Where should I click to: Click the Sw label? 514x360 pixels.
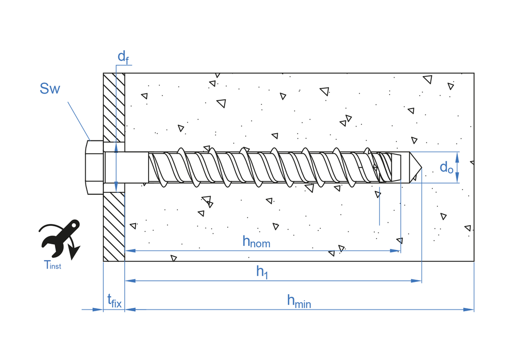point(50,89)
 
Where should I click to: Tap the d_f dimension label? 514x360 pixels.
point(123,57)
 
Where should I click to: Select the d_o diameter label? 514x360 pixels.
point(447,167)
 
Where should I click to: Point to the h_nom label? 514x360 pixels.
point(256,241)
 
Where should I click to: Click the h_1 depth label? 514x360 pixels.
point(262,272)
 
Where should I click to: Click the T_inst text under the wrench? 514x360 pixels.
point(52,265)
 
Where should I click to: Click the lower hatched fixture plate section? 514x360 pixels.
point(114,226)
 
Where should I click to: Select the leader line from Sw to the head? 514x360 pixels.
point(79,120)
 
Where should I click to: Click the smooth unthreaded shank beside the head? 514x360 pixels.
point(126,167)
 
